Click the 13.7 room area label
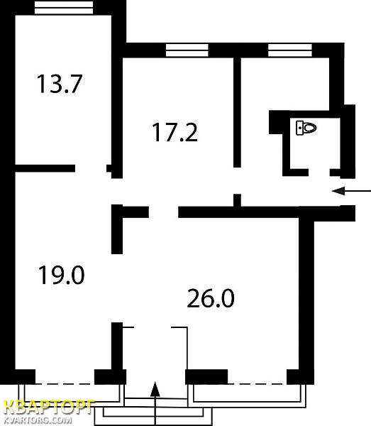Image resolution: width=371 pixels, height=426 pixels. [60, 84]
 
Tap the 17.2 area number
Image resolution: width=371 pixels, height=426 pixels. [175, 132]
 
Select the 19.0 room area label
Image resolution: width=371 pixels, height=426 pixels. [61, 275]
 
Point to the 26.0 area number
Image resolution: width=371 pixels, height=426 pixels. [211, 298]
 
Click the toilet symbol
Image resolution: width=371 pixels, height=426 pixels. [306, 128]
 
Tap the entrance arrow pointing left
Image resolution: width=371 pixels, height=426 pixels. [351, 191]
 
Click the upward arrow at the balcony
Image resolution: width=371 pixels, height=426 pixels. [155, 404]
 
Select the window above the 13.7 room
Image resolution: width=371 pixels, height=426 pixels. [64, 7]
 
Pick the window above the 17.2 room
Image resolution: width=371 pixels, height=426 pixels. [187, 50]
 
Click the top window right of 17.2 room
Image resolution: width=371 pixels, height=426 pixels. [290, 50]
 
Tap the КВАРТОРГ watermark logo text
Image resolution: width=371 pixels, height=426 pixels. [49, 407]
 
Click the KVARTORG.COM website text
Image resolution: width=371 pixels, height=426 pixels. [38, 420]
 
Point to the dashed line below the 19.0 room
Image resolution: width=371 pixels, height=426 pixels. [65, 384]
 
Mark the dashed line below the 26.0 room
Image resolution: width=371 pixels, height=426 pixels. [258, 384]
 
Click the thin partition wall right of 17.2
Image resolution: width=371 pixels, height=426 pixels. [237, 112]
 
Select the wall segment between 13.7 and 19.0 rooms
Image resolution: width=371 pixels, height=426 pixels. [45, 168]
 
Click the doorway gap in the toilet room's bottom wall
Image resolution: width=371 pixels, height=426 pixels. [319, 173]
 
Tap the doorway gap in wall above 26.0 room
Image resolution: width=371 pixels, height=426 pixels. [163, 212]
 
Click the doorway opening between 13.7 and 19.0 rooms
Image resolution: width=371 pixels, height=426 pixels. [91, 168]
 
